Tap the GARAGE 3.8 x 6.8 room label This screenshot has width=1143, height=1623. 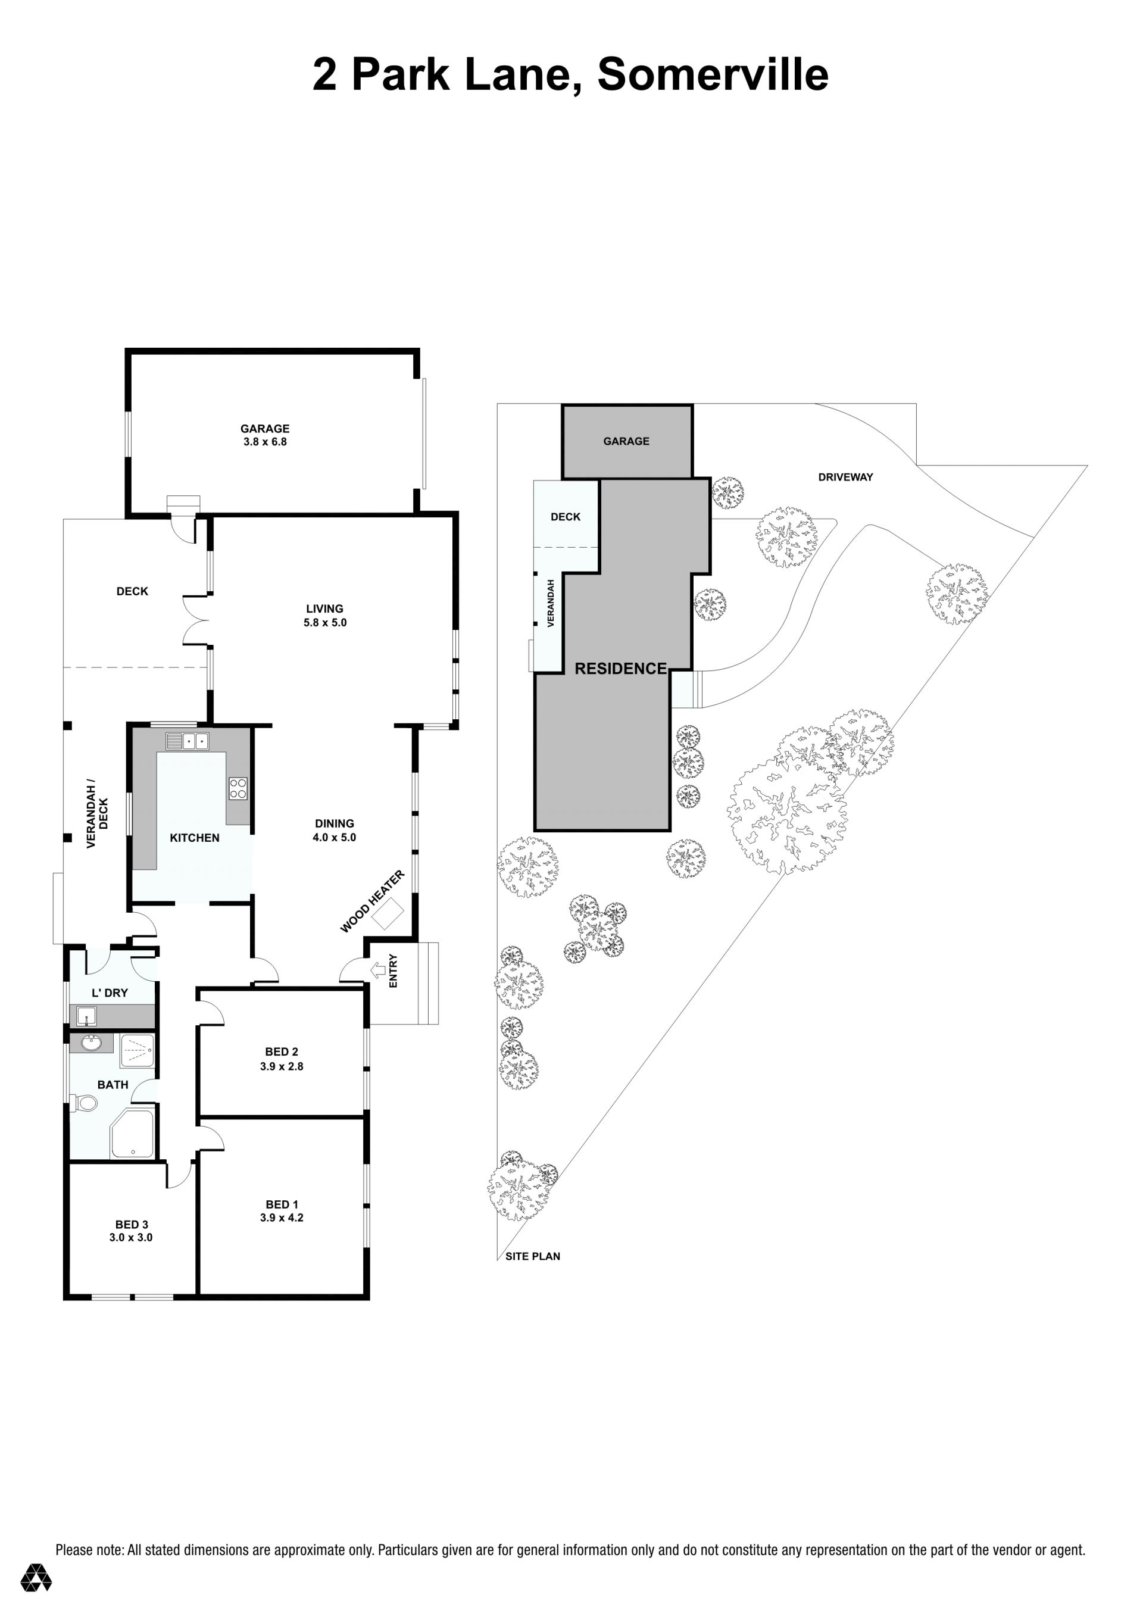(264, 435)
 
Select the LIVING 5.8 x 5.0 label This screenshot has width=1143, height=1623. (324, 615)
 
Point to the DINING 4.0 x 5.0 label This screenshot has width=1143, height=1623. (335, 830)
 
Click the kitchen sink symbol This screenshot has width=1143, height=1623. (188, 741)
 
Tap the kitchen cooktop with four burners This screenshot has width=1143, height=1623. (238, 788)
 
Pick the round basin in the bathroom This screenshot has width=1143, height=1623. (91, 1042)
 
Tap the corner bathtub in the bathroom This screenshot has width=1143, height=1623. (132, 1135)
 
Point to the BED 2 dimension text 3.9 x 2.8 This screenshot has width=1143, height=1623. (282, 1066)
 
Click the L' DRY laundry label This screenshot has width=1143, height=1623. (110, 992)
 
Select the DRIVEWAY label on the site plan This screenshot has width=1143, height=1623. (845, 477)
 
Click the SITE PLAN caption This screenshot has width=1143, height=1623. (532, 1256)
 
